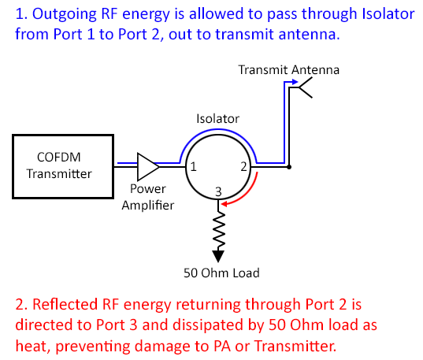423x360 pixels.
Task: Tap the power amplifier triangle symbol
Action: coord(147,166)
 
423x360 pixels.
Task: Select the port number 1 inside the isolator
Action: coord(192,167)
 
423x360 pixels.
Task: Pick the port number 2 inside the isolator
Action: coord(243,167)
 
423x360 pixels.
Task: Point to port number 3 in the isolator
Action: coord(218,191)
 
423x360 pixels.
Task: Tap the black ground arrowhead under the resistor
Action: coord(218,255)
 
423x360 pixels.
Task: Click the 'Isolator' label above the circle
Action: coord(217,118)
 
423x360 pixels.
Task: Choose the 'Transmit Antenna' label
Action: coord(289,70)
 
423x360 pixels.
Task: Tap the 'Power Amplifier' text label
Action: coord(147,197)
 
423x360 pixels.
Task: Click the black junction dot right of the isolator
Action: coord(290,167)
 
